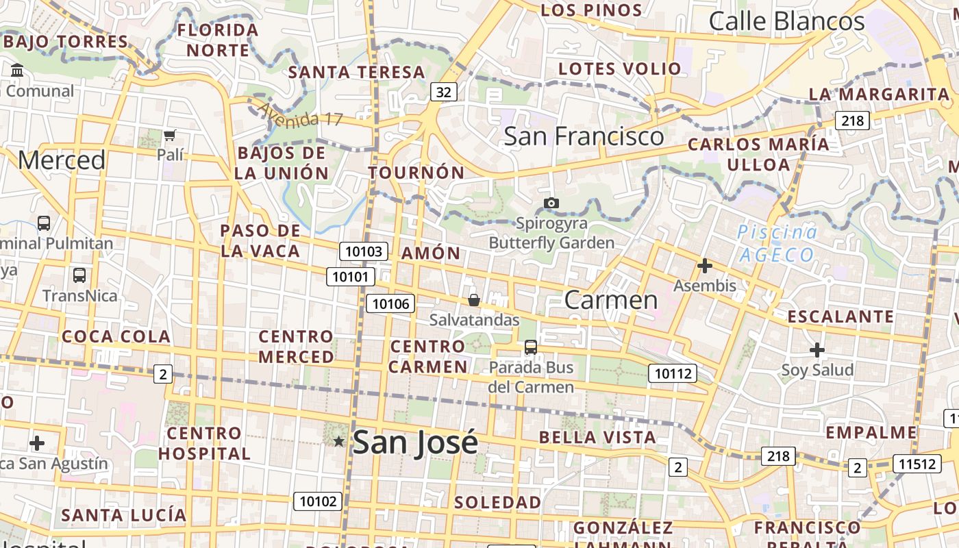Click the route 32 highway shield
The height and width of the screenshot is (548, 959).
pyautogui.click(x=444, y=92)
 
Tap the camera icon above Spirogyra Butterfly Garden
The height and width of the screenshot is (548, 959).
pyautogui.click(x=551, y=203)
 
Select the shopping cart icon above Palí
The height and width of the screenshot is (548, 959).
pyautogui.click(x=170, y=135)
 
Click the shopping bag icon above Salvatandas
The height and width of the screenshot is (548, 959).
pyautogui.click(x=473, y=300)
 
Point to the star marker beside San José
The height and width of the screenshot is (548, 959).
pyautogui.click(x=338, y=441)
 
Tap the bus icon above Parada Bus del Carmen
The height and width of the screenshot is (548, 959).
pyautogui.click(x=531, y=347)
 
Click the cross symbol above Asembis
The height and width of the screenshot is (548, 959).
pyautogui.click(x=704, y=266)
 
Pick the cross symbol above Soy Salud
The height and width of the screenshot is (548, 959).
pyautogui.click(x=817, y=351)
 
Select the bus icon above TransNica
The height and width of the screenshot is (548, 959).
pyautogui.click(x=79, y=275)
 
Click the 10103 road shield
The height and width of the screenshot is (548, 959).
pyautogui.click(x=364, y=251)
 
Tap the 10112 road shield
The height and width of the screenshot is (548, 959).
pyautogui.click(x=673, y=373)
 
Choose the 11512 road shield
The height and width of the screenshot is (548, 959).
pyautogui.click(x=917, y=464)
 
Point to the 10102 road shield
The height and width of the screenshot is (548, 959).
pyautogui.click(x=319, y=501)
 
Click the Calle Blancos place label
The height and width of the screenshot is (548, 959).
pyautogui.click(x=786, y=21)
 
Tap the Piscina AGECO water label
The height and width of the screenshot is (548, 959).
pyautogui.click(x=777, y=243)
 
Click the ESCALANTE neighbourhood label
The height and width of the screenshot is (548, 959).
pyautogui.click(x=840, y=316)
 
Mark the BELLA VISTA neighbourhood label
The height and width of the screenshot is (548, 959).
pyautogui.click(x=597, y=437)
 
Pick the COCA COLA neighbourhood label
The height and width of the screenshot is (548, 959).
pyautogui.click(x=116, y=336)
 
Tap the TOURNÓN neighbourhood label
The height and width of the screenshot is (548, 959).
pyautogui.click(x=416, y=173)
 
